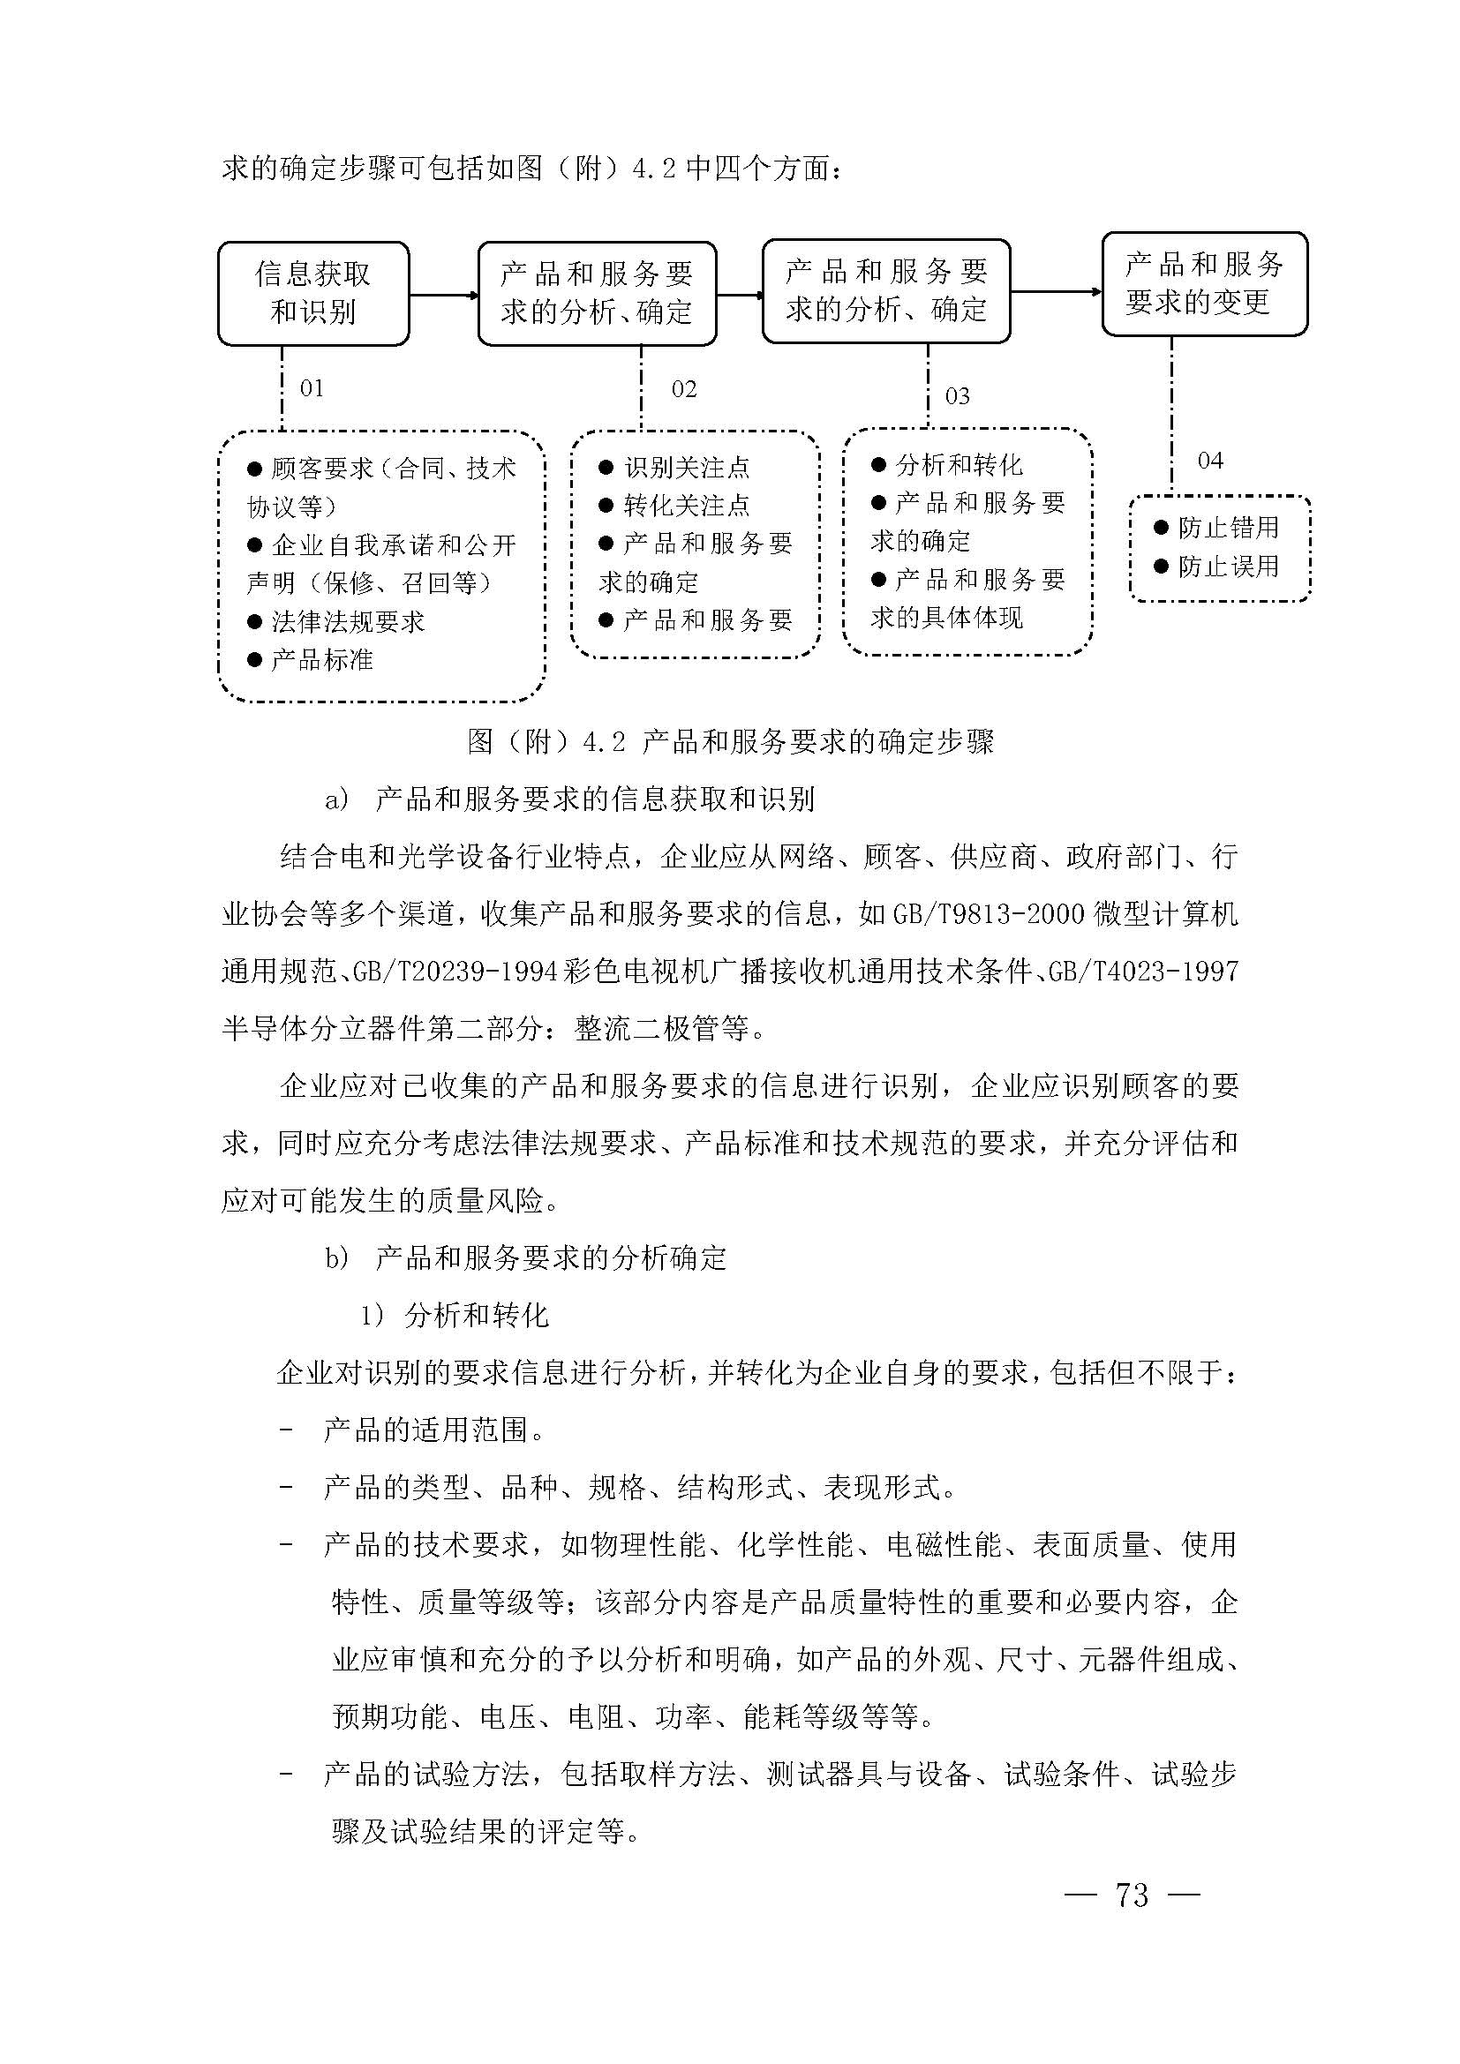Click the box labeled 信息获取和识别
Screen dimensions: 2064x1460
coord(312,293)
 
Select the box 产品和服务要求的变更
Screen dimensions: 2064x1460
coord(1204,283)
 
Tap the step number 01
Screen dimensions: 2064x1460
coord(312,388)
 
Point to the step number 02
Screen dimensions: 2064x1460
coord(684,389)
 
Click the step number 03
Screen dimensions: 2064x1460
coord(958,396)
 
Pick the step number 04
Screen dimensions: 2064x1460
coord(1210,462)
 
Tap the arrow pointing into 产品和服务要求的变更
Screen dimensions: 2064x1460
coord(1057,291)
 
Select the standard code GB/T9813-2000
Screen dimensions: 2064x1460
coord(989,915)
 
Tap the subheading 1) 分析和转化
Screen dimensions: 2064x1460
coord(454,1316)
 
